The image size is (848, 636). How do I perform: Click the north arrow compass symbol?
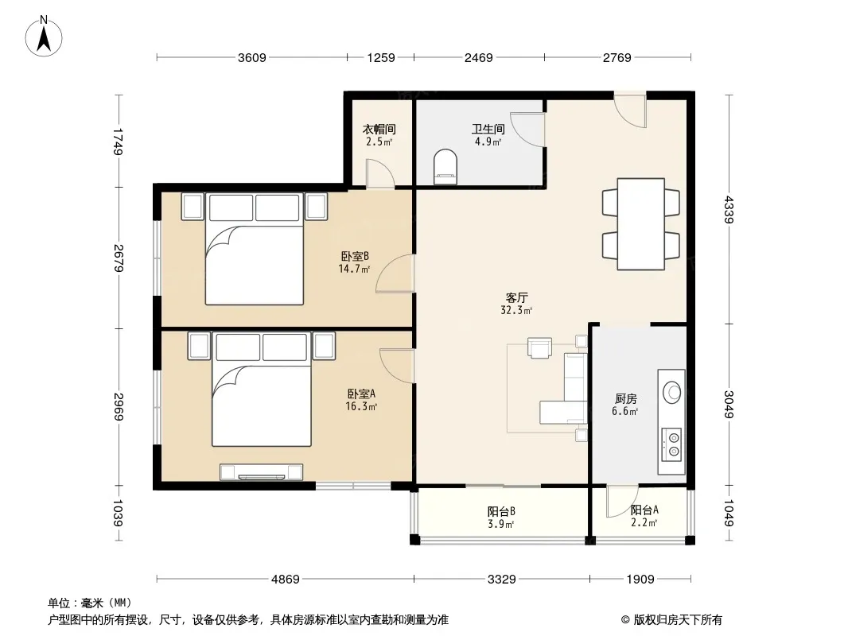tap(44, 37)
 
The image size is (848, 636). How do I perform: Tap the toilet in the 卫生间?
tap(445, 166)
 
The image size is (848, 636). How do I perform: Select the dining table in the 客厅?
tap(641, 223)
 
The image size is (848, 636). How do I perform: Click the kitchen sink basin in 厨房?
tap(671, 392)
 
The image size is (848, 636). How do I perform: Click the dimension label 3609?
tap(252, 58)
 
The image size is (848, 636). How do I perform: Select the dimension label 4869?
tap(285, 580)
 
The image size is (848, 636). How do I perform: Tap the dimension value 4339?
tap(729, 209)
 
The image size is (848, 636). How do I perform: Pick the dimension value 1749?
tap(119, 142)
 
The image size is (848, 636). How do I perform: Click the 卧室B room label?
tap(355, 256)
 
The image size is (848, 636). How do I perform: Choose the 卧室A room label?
tap(361, 394)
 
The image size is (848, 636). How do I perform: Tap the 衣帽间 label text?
tap(379, 129)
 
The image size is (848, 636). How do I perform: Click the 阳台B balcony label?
tap(501, 511)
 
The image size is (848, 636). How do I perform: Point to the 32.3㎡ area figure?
tap(516, 310)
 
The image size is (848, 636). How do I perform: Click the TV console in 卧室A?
tap(261, 472)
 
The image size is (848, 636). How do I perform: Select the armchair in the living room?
tap(539, 348)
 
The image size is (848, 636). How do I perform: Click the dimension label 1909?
tap(640, 580)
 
